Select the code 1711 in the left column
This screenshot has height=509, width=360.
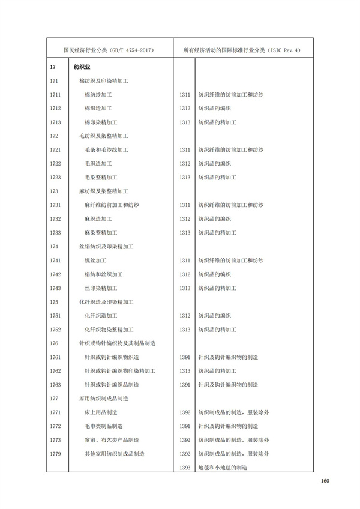55,95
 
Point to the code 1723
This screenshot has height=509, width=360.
55,178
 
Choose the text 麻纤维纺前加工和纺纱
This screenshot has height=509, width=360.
112,205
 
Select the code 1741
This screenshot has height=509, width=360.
55,261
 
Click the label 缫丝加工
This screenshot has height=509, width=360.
95,261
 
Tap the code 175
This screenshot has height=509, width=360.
54,302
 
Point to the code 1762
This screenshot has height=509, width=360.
55,371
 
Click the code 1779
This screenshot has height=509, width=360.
55,454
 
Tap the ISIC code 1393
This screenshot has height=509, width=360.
185,468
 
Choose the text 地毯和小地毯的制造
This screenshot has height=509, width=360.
223,468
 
